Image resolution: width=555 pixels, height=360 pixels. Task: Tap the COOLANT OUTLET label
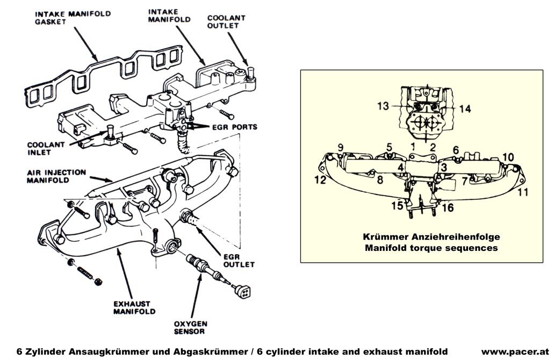click(226, 21)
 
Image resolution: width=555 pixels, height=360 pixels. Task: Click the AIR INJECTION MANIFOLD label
click(56, 176)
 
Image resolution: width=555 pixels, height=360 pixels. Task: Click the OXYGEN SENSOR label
click(189, 327)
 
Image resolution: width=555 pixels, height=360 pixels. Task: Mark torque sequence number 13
click(383, 106)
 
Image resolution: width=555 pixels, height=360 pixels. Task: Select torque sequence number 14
click(465, 109)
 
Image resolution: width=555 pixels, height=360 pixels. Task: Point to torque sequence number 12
click(320, 180)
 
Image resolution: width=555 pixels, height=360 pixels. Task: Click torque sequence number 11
click(523, 191)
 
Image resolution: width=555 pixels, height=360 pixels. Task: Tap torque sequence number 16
click(447, 207)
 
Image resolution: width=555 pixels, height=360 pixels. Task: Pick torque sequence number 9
click(340, 147)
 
